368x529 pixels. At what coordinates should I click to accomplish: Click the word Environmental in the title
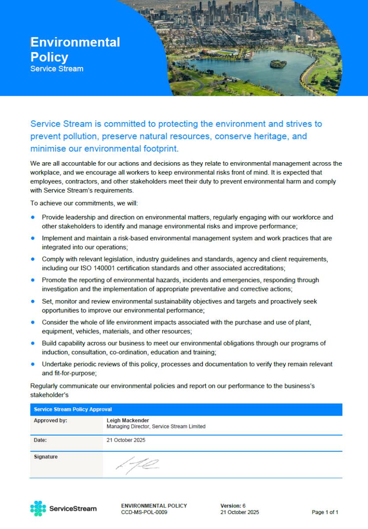click(x=75, y=42)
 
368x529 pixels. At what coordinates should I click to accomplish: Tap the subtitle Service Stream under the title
click(x=56, y=69)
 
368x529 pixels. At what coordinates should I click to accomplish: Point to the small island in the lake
click(x=278, y=64)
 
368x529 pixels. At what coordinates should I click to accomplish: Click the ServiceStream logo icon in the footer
click(x=38, y=508)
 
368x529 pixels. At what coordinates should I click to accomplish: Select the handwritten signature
click(x=137, y=464)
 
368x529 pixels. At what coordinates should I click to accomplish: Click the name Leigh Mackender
click(x=128, y=421)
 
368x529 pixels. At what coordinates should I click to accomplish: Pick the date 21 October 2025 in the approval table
click(x=126, y=440)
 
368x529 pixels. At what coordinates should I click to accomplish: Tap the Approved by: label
click(x=50, y=421)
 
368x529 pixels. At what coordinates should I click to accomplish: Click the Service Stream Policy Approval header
click(x=73, y=410)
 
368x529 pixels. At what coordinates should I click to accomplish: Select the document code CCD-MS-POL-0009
click(x=144, y=512)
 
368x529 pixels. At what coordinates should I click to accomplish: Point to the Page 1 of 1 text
click(x=325, y=512)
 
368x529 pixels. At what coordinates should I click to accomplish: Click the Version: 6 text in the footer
click(x=233, y=506)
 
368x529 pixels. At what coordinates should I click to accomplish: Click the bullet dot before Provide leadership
click(x=33, y=217)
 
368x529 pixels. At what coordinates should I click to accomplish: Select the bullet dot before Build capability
click(x=33, y=343)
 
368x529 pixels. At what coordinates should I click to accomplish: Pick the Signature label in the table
click(x=46, y=457)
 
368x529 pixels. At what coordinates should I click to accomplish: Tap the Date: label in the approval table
click(x=40, y=440)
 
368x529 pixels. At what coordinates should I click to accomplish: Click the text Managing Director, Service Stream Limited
click(x=156, y=427)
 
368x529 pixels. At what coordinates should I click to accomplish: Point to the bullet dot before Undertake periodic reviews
click(x=33, y=364)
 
